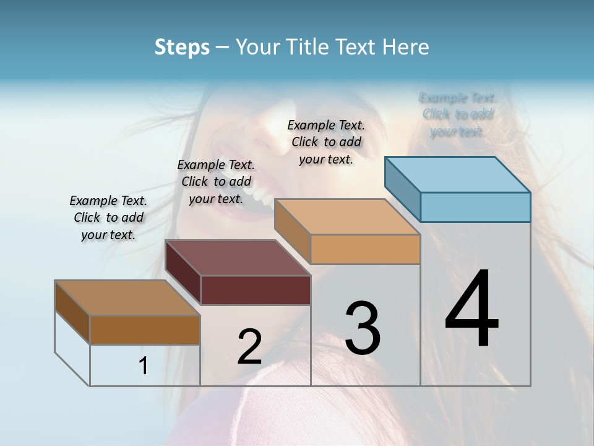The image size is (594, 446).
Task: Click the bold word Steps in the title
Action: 182,47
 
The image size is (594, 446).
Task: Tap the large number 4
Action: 471,310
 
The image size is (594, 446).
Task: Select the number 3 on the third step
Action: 363,328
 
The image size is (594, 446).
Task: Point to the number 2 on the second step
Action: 249,347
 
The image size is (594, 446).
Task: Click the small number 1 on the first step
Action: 143,366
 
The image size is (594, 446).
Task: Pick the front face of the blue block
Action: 475,207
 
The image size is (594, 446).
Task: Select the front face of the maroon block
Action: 256,290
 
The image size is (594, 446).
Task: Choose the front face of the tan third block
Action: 365,249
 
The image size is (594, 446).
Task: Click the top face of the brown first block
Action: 127,298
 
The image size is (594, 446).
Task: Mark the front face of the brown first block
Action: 145,330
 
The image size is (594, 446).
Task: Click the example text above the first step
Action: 108,218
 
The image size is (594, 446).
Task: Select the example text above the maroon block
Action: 216,181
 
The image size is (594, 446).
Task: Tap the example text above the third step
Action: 326,142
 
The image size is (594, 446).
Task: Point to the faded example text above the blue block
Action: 457,115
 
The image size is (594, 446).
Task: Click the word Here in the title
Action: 407,47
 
